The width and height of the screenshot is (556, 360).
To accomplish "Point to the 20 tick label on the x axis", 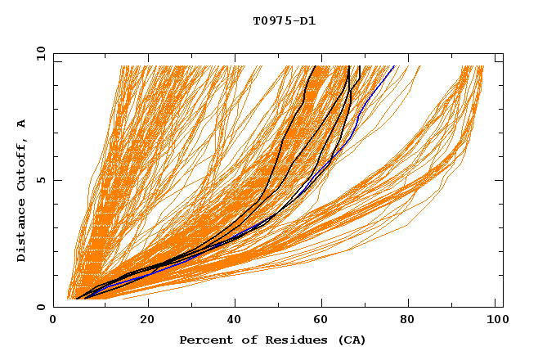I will click(x=147, y=322).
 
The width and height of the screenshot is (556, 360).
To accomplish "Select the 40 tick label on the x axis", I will click(x=235, y=322).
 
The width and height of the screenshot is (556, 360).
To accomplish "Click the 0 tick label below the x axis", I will click(x=54, y=322).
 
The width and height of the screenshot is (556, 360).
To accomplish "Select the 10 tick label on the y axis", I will click(x=40, y=53).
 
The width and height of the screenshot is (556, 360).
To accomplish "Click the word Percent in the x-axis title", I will click(x=204, y=340).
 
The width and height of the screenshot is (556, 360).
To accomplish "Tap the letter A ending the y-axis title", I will click(x=22, y=123).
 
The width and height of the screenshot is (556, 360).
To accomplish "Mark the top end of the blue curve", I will click(x=393, y=66).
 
